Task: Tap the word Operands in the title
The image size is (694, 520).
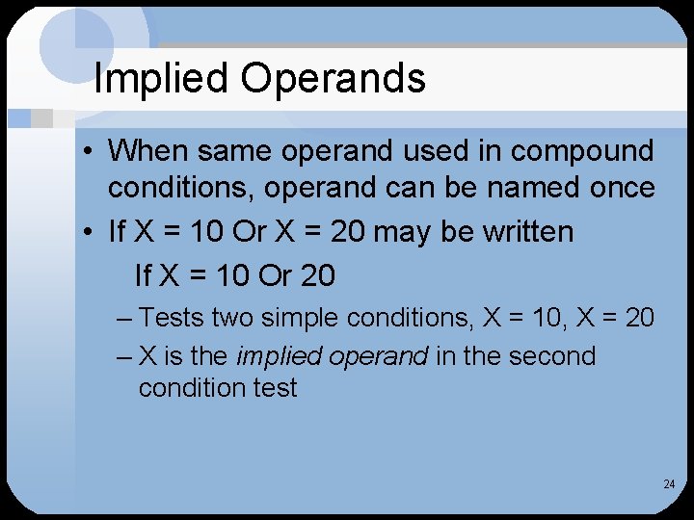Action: tap(333, 79)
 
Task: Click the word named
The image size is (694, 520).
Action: tap(528, 188)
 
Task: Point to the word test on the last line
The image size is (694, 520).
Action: tap(276, 388)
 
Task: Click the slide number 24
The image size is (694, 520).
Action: tap(669, 484)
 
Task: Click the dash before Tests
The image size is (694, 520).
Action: tap(123, 317)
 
